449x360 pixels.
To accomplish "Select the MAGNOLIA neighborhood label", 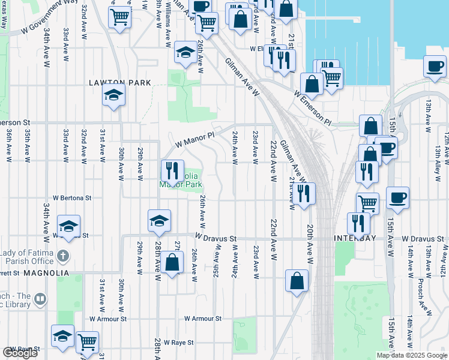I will coord(46,272).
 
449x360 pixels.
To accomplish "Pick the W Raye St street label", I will coord(173,342).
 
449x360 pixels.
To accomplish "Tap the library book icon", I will coord(40,299).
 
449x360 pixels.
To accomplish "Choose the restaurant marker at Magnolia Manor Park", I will coord(172,171).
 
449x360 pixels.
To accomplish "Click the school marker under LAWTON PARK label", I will coord(113,95).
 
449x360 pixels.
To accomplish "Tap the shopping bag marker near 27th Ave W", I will coord(172,262).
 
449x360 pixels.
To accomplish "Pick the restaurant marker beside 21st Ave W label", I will coord(305,193).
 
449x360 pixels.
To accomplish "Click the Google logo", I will coord(20,353).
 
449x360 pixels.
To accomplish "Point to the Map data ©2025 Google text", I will coord(411,355).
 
